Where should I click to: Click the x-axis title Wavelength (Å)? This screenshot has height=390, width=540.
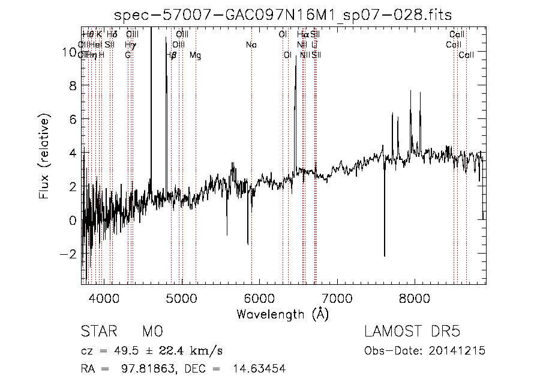coord(283,314)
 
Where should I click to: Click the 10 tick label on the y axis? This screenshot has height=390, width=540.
coord(69,52)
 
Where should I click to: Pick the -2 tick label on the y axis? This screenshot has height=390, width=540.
coord(69,254)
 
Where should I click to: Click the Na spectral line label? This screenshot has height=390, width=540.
coord(251,44)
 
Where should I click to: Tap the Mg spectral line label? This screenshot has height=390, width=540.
coord(195,55)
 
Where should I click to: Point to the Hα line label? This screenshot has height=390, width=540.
coord(302,34)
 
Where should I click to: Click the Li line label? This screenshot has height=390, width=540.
coord(314,44)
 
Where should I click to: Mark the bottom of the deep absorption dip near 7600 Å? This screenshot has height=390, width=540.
coord(385,255)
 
